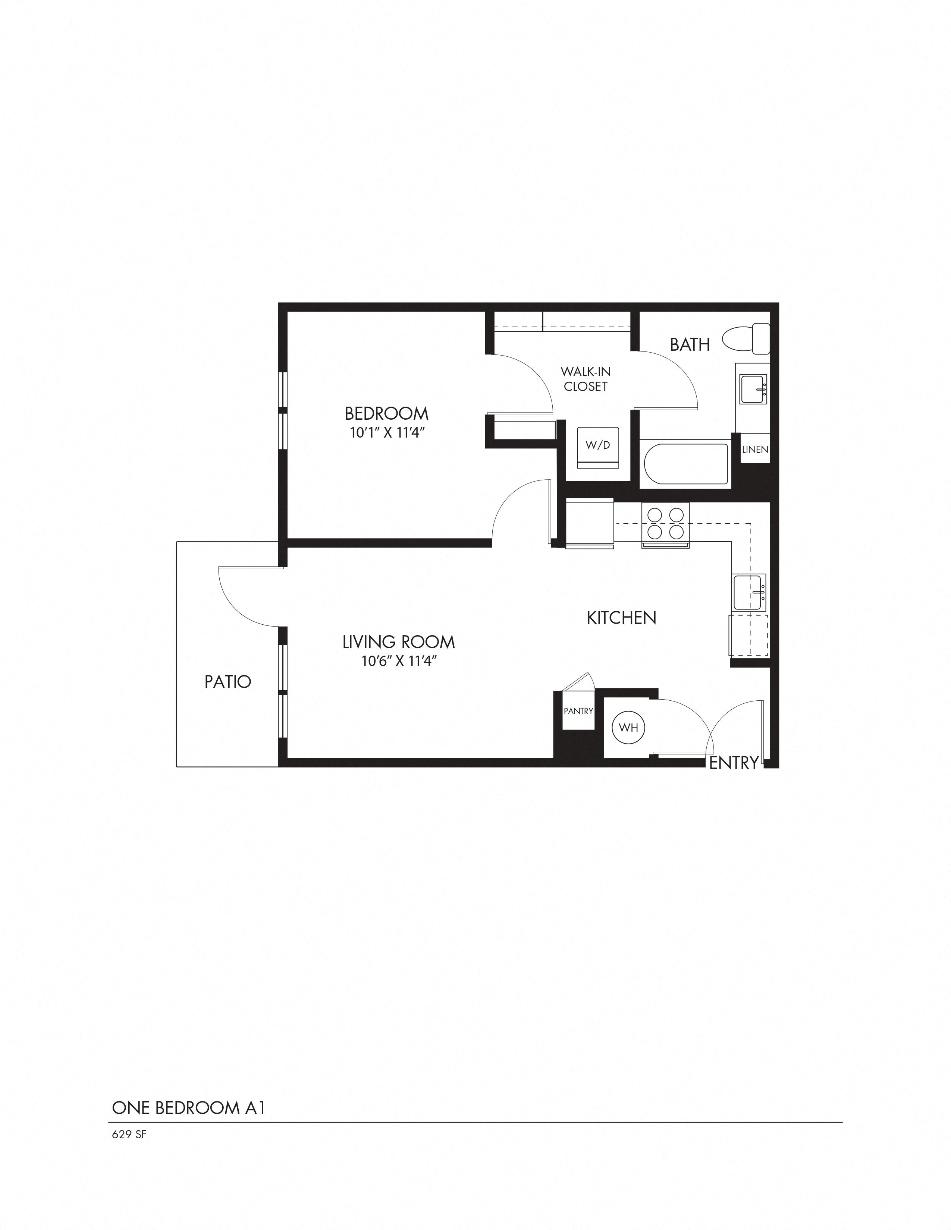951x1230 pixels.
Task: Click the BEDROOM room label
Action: point(386,414)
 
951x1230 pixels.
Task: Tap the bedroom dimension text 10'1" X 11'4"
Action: point(386,433)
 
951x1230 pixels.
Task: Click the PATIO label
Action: point(227,682)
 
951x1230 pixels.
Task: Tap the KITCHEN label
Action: point(621,618)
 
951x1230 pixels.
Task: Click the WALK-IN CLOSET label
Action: point(586,379)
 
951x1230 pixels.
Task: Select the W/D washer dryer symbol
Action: point(598,447)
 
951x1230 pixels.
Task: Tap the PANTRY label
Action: point(578,711)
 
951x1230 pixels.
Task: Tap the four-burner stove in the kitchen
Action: point(665,523)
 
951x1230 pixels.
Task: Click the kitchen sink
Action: point(749,593)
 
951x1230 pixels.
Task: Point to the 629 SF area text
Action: point(129,1135)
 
